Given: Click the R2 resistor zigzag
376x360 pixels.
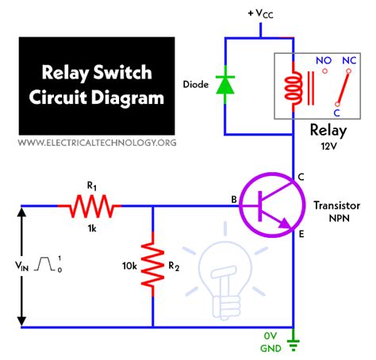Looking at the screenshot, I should point(152,266).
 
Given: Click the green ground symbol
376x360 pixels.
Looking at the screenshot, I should point(294,342).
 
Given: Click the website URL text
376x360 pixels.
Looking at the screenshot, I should point(97,143).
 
